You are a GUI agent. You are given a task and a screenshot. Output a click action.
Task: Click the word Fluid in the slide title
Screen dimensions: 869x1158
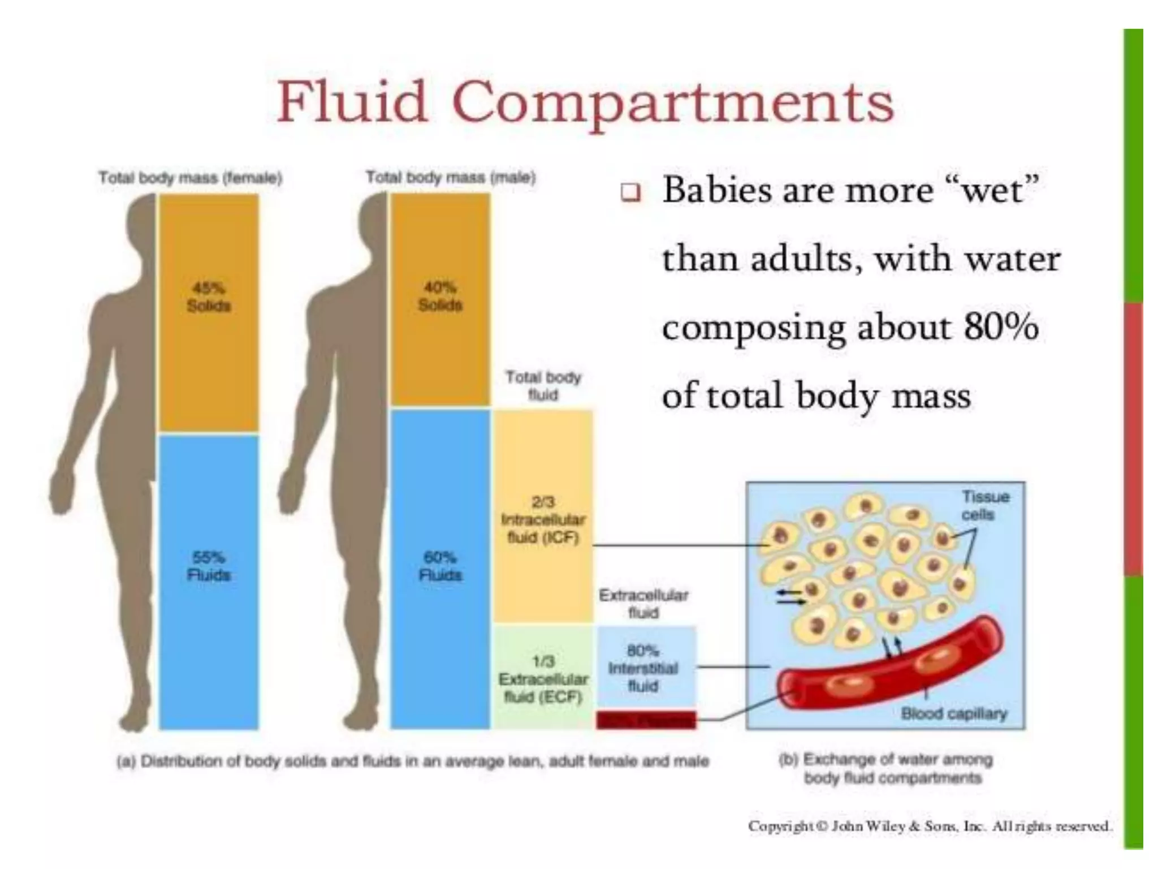pos(351,102)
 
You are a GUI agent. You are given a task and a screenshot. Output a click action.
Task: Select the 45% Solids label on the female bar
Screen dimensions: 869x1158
pos(209,297)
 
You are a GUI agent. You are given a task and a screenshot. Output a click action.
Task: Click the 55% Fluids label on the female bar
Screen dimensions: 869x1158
pos(209,566)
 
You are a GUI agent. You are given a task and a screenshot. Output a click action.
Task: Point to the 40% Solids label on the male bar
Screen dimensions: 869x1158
pos(440,296)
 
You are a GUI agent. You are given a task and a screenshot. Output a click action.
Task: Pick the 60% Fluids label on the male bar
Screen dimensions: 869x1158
pos(440,566)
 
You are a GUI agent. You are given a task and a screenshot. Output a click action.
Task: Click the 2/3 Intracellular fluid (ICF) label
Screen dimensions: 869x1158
pos(543,520)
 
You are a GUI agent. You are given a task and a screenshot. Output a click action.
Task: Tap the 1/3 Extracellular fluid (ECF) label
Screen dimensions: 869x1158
pos(543,679)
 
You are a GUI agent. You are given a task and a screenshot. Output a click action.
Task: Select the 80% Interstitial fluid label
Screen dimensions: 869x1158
pos(643,668)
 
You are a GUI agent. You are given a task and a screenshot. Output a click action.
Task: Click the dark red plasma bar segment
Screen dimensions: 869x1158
pos(646,720)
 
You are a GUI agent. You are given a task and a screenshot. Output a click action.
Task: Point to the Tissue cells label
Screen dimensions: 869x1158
pos(986,506)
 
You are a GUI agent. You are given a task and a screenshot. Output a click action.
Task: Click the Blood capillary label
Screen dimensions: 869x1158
pos(954,713)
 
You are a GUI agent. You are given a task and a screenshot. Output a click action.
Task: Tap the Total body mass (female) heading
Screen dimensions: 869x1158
pos(190,178)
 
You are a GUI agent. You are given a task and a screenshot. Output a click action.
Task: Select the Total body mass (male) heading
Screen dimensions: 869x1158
pos(450,178)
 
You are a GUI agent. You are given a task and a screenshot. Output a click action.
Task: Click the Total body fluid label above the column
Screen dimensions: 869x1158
pos(543,386)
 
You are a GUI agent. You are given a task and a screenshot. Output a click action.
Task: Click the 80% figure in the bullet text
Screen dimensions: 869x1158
pos(1001,327)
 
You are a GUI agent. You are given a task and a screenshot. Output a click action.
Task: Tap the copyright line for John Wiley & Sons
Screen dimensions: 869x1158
pos(930,827)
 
